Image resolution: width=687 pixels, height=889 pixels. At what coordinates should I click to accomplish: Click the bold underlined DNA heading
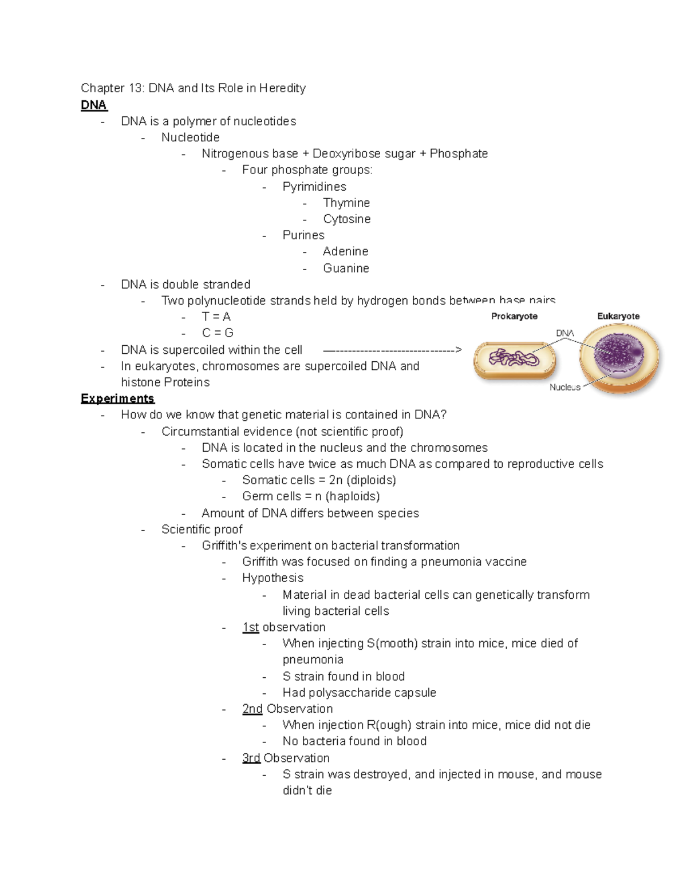tap(94, 105)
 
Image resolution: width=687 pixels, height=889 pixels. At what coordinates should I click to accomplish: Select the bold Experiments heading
tap(117, 398)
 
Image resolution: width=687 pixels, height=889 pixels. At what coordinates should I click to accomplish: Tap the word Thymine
tap(346, 203)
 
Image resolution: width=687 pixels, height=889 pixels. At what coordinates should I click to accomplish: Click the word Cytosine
tap(346, 219)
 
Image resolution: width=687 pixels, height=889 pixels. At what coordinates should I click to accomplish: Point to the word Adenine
tap(345, 251)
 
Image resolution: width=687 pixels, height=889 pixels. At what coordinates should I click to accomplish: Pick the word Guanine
tap(346, 268)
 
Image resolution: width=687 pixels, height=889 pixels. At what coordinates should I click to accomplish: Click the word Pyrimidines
tap(314, 187)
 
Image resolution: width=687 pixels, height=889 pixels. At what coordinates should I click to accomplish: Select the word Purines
tap(303, 235)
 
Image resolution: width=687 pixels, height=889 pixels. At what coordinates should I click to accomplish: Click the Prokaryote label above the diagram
tap(514, 316)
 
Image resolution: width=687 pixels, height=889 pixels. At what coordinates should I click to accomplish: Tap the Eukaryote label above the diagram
tap(618, 316)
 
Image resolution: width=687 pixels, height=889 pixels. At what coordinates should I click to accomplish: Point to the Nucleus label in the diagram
tap(564, 388)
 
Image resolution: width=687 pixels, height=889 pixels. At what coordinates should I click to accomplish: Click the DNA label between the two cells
tap(564, 333)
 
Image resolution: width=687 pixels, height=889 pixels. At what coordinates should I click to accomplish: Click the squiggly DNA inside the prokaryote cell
tap(514, 359)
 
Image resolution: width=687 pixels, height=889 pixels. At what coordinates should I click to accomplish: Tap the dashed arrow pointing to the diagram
tap(392, 350)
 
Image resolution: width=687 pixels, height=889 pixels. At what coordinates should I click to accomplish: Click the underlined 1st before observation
tap(251, 627)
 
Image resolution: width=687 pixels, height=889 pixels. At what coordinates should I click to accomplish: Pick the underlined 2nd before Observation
tap(252, 709)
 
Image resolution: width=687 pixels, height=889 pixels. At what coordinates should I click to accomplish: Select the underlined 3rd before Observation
tap(251, 758)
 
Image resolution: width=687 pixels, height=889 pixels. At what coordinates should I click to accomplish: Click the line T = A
tap(216, 317)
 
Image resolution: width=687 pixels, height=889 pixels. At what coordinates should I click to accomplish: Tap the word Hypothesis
tap(273, 578)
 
